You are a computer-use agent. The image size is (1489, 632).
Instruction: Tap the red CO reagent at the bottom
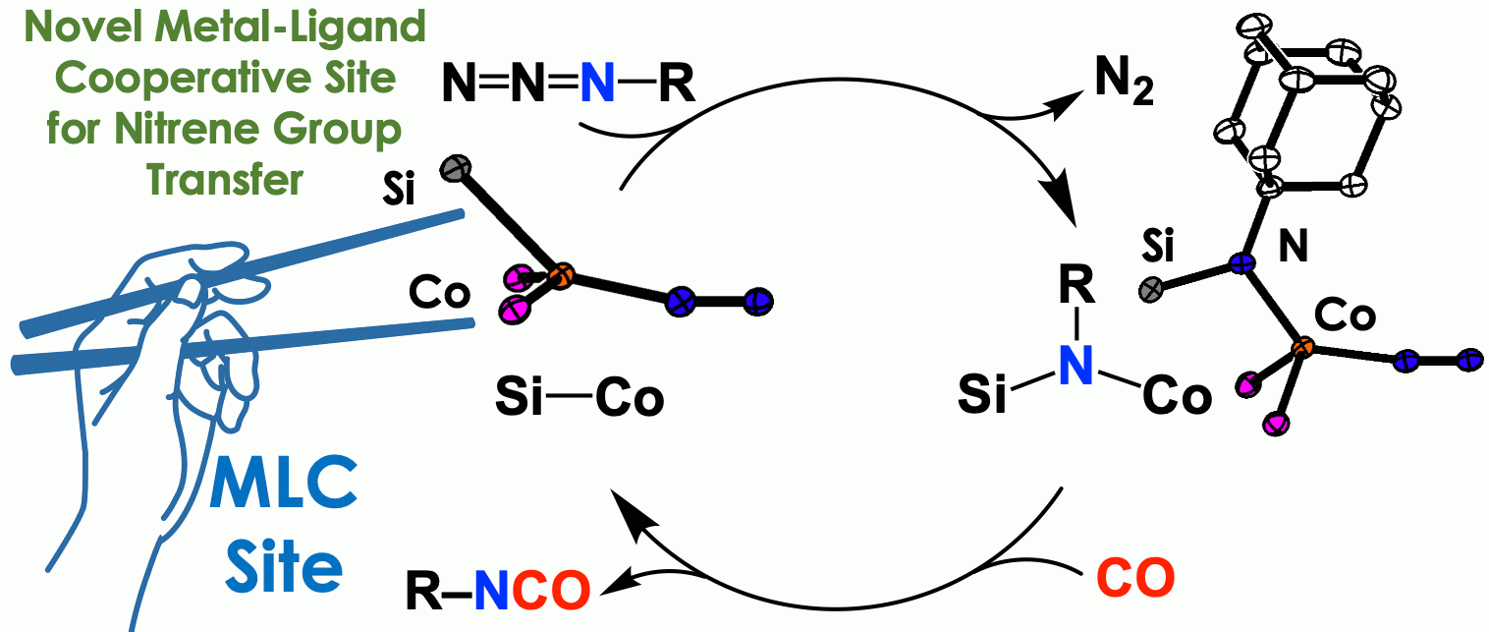[1135, 579]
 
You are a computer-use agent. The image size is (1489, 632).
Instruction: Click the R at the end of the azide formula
[675, 87]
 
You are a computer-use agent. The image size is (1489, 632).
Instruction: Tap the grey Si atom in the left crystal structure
[454, 166]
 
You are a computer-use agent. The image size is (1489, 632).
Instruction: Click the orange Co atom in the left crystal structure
[559, 276]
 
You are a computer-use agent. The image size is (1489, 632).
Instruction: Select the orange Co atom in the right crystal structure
[1301, 347]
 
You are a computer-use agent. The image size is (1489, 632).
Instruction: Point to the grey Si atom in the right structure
[1151, 289]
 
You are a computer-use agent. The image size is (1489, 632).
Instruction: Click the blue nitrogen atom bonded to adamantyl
[1241, 263]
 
